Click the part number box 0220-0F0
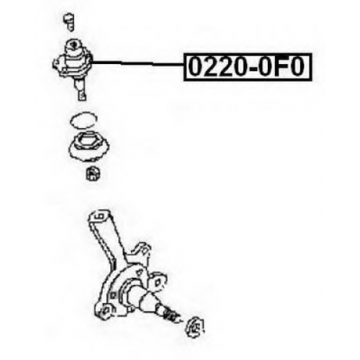[248, 67]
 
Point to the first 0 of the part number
[195, 67]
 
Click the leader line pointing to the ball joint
[138, 63]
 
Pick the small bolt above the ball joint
[70, 22]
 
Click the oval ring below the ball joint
[84, 120]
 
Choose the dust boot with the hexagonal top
[89, 146]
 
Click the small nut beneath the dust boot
[94, 174]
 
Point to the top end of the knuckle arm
[100, 216]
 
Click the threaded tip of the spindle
[172, 315]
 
